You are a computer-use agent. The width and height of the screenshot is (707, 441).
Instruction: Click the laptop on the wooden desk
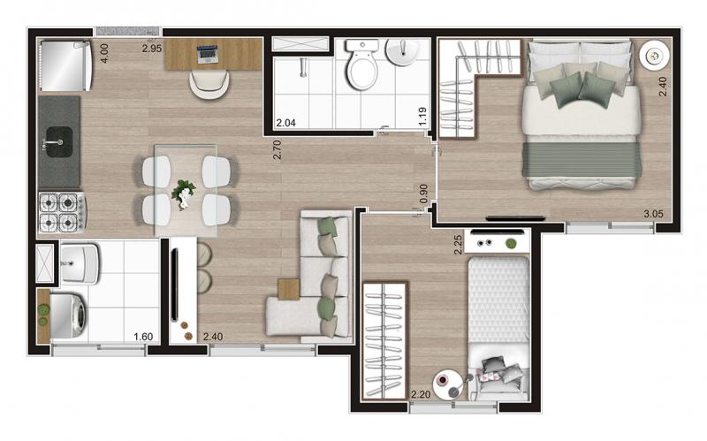pyautogui.click(x=208, y=54)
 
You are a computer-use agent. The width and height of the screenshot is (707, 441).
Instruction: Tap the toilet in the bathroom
pyautogui.click(x=361, y=64)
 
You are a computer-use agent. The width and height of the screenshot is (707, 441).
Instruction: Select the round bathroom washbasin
pyautogui.click(x=402, y=53)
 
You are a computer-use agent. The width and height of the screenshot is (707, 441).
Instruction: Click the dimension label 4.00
pyautogui.click(x=103, y=53)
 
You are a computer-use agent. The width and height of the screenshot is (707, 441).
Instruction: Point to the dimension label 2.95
pyautogui.click(x=152, y=49)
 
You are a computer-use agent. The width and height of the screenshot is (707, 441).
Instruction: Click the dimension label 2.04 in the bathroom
pyautogui.click(x=285, y=123)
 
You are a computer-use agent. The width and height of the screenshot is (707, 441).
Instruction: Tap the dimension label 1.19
pyautogui.click(x=422, y=117)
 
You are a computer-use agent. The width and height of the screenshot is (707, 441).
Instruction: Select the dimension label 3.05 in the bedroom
pyautogui.click(x=653, y=214)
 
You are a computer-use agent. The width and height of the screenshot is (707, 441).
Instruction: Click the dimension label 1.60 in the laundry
pyautogui.click(x=143, y=337)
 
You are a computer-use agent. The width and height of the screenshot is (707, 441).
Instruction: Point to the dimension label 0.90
pyautogui.click(x=423, y=193)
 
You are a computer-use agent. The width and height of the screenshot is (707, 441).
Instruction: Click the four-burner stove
pyautogui.click(x=62, y=212)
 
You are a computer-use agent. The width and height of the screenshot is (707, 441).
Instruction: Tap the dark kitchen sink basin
pyautogui.click(x=59, y=141)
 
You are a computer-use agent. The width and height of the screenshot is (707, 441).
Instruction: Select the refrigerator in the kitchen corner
pyautogui.click(x=66, y=65)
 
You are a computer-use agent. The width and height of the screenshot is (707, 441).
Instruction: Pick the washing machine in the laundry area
pyautogui.click(x=68, y=316)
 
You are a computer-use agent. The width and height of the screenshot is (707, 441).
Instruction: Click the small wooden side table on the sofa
pyautogui.click(x=289, y=289)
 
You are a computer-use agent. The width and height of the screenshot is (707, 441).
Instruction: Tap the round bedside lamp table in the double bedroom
pyautogui.click(x=654, y=55)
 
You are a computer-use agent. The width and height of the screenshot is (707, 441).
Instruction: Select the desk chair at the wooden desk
pyautogui.click(x=209, y=84)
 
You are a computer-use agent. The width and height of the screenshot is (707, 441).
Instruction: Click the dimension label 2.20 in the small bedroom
pyautogui.click(x=421, y=394)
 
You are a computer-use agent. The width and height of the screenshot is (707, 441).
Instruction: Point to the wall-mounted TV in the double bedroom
pyautogui.click(x=516, y=218)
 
